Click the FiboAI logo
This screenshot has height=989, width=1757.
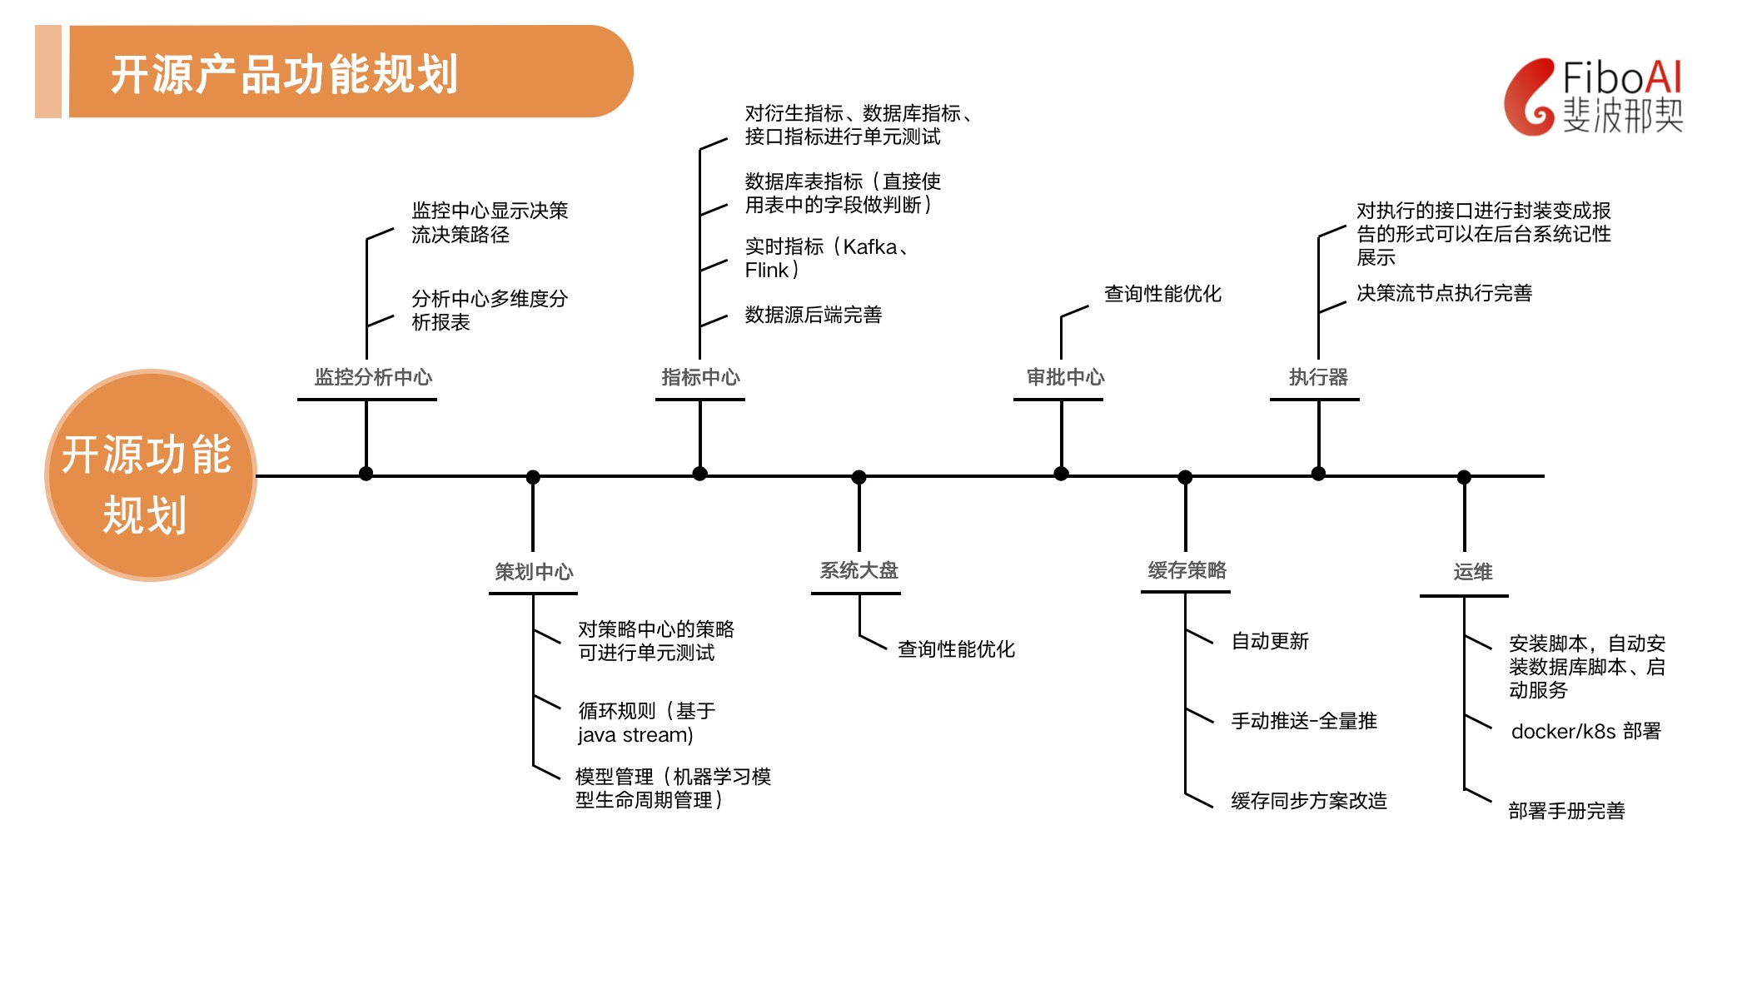pos(1594,97)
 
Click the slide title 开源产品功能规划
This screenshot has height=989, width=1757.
pos(284,74)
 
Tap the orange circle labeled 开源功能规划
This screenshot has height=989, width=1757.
pos(150,475)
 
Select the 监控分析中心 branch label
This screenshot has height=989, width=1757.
pos(373,377)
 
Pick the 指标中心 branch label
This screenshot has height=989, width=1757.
pos(700,377)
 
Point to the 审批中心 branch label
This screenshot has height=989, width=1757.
pos(1065,377)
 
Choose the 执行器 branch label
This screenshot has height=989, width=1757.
pos(1318,377)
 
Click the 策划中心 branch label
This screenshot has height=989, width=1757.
pos(534,572)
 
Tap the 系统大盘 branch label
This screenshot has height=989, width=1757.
pos(859,570)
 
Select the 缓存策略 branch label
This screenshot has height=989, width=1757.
pos(1187,570)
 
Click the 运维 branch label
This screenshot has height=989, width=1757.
pos(1472,572)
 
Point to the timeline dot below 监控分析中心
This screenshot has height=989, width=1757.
pos(366,474)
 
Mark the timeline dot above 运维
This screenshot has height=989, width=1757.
pos(1464,477)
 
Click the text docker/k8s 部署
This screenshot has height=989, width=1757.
pos(1585,731)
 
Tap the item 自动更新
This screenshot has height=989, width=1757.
pos(1270,641)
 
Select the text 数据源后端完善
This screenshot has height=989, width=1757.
pos(813,315)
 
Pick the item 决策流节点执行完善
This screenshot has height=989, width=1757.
pos(1444,293)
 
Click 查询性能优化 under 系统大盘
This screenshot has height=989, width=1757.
pos(956,649)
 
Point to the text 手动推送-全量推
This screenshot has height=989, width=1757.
pos(1304,721)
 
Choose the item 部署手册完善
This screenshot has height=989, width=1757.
pos(1566,811)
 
